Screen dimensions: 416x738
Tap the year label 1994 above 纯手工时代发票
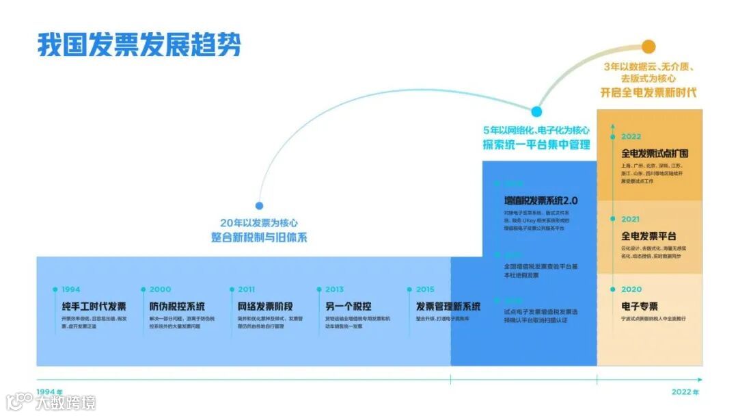70,289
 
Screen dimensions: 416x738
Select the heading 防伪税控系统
177,306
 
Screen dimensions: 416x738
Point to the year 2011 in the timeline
246,289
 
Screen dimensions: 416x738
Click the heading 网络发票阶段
265,306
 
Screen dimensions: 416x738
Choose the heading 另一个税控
348,306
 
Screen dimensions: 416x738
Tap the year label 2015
425,289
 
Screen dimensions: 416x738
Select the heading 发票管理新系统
448,306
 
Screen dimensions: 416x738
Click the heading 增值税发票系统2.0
541,200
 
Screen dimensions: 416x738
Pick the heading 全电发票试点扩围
655,153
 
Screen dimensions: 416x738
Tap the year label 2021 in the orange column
631,220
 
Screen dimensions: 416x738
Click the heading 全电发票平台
649,236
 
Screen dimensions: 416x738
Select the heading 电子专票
640,306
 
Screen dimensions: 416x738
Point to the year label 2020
631,289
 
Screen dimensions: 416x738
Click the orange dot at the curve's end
648,48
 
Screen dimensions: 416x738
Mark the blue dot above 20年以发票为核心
259,205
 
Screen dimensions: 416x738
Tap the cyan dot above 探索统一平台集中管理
536,112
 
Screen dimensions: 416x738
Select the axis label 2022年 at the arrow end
685,392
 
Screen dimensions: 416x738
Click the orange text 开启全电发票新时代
648,92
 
